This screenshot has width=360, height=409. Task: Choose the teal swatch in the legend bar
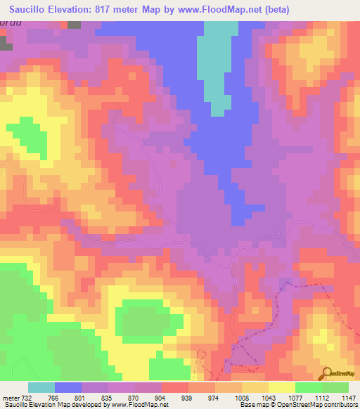[x=41, y=387]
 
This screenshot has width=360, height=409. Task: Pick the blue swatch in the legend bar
[x=68, y=387]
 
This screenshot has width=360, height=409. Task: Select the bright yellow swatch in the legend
[x=282, y=387]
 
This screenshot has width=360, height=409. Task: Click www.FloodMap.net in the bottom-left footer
[x=140, y=405]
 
